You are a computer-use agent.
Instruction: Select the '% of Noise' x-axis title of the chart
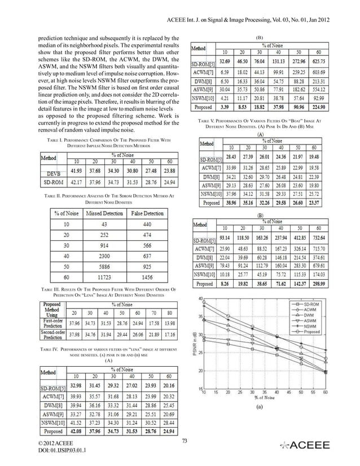259,399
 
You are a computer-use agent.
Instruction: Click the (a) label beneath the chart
259,406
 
